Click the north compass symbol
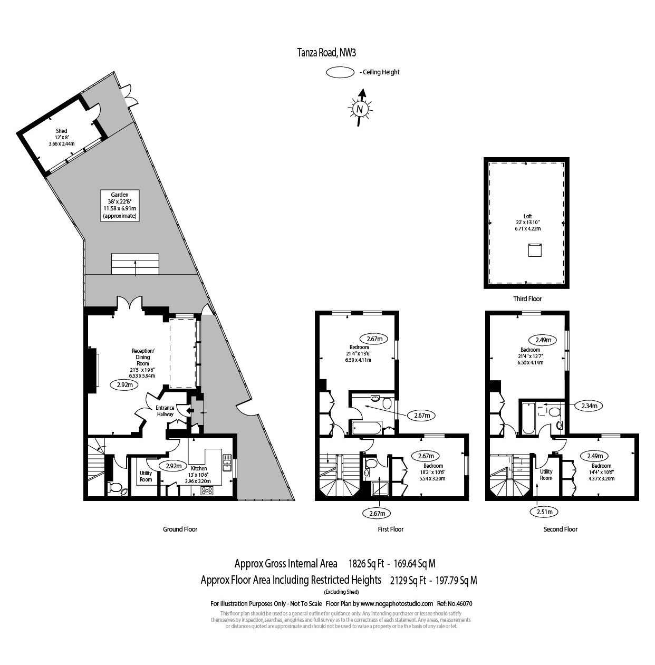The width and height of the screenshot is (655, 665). pyautogui.click(x=360, y=109)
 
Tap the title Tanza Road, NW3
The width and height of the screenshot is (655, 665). pyautogui.click(x=327, y=52)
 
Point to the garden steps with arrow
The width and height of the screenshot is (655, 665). pyautogui.click(x=135, y=264)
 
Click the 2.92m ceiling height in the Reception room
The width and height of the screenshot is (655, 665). pyautogui.click(x=124, y=385)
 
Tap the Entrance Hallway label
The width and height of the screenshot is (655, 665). pyautogui.click(x=165, y=411)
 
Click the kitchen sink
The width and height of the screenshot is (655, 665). pyautogui.click(x=227, y=462)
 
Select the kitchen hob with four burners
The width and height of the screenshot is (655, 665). pyautogui.click(x=207, y=490)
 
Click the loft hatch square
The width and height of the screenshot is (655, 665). pyautogui.click(x=535, y=249)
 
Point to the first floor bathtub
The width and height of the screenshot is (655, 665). pyautogui.click(x=364, y=428)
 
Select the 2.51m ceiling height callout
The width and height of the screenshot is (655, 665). pyautogui.click(x=544, y=512)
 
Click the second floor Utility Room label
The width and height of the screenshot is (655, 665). pyautogui.click(x=546, y=475)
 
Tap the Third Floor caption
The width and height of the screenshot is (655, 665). pyautogui.click(x=527, y=299)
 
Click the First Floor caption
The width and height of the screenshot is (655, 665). pyautogui.click(x=391, y=529)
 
